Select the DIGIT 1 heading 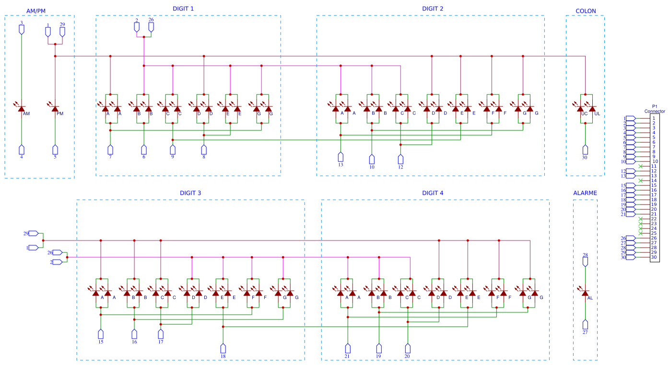pos(183,9)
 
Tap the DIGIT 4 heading pos(433,193)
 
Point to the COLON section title pos(586,11)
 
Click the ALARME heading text pos(585,193)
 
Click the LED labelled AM pos(22,109)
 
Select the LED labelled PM pos(55,109)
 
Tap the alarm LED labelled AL pos(585,293)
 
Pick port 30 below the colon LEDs pos(585,149)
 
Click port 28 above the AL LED pos(585,262)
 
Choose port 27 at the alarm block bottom pos(585,324)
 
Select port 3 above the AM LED pos(22,29)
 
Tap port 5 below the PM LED pos(55,149)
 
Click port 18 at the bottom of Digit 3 pos(223,348)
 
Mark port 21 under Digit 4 pos(347,348)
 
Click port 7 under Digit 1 pos(110,149)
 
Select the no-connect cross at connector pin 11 pos(641,166)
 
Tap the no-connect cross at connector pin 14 pos(641,181)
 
